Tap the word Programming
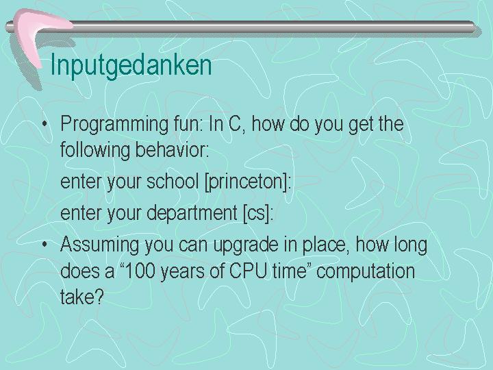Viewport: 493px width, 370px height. pos(114,125)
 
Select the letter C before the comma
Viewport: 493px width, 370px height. pos(235,123)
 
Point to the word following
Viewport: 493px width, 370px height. pos(95,150)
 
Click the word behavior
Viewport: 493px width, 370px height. pos(173,149)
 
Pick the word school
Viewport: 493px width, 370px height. pos(173,181)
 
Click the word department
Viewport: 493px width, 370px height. pos(192,214)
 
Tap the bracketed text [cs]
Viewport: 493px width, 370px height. pos(256,214)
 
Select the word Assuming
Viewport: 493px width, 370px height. pos(99,245)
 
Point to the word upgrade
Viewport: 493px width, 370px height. pos(245,245)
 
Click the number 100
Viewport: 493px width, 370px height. pos(140,271)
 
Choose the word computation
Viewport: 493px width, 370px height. pos(366,271)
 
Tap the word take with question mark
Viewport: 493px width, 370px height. pos(81,296)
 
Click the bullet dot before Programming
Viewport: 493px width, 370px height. pos(45,124)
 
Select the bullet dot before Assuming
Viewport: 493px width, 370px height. pos(45,244)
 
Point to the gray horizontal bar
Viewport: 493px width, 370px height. pos(240,27)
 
